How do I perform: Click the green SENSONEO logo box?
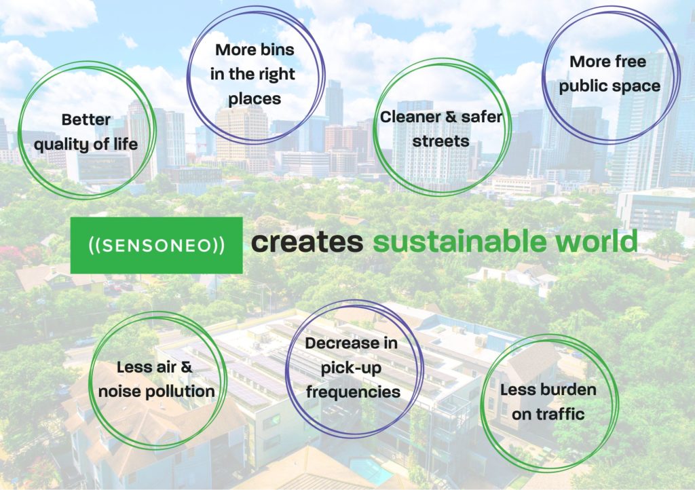pos(157,245)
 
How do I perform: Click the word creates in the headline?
pos(307,242)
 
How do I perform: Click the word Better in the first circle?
pos(86,119)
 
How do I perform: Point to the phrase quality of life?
pos(86,145)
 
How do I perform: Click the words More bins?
pos(255,50)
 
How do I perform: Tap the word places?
pos(255,99)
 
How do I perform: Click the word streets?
pos(440,141)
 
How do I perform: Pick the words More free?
pos(607,62)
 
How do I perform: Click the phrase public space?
pos(609,86)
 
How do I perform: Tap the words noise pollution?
pos(157,392)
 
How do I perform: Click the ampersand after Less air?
pos(187,367)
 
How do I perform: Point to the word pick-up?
pos(351,369)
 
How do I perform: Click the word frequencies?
pos(353,392)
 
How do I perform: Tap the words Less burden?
pos(548,390)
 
